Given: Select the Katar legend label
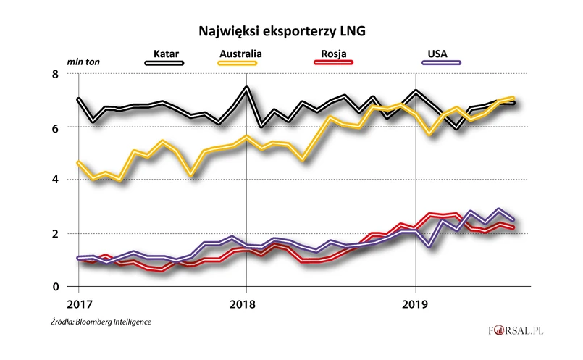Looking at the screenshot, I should [x=167, y=53].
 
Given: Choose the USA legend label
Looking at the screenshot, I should [x=437, y=53].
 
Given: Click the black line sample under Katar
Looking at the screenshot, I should [x=164, y=63].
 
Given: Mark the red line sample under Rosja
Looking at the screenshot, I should [x=332, y=63].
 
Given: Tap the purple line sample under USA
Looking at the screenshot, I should [x=440, y=63].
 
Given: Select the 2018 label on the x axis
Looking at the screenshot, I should [x=246, y=303].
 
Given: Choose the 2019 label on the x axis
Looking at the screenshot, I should [x=415, y=303].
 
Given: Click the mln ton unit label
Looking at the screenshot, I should [x=83, y=62].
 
